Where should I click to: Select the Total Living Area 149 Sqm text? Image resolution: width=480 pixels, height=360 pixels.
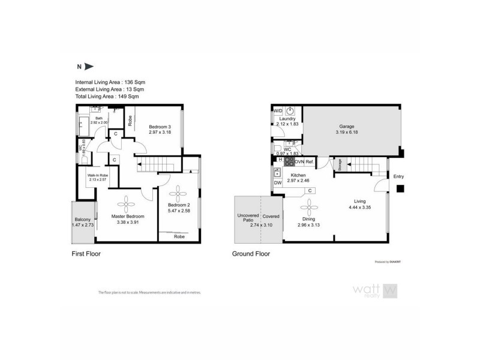107,96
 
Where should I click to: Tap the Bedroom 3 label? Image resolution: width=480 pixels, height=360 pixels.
160,126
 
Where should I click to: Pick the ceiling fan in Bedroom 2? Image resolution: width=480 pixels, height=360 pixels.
178,193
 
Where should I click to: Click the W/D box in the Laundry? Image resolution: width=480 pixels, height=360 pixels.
278,112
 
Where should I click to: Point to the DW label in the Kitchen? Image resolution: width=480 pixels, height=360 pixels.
278,183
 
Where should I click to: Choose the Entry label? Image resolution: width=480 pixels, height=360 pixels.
399,176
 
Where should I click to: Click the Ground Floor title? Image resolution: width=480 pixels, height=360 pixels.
251,254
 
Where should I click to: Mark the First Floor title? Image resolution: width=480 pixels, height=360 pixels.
86,254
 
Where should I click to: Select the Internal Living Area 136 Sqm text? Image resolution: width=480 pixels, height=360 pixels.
110,82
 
